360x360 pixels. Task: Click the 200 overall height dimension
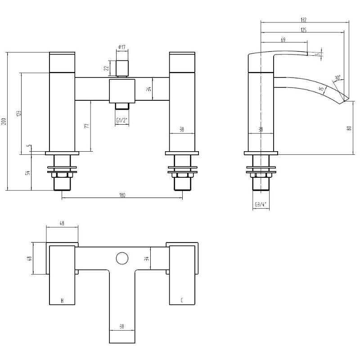coord(4,121)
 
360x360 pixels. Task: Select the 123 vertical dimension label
coord(18,113)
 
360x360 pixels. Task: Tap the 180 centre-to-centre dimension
coord(122,195)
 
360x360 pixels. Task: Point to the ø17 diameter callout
coord(121,47)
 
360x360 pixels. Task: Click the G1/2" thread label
coord(121,121)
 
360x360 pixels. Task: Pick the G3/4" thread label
coord(261,205)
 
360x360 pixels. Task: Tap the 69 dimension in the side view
coord(283,40)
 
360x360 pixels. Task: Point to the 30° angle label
coord(337,78)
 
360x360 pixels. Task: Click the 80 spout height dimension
coord(349,128)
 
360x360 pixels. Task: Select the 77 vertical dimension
coord(87,126)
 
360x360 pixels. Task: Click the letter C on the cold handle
coord(181,300)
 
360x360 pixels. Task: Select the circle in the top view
coord(121,258)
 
